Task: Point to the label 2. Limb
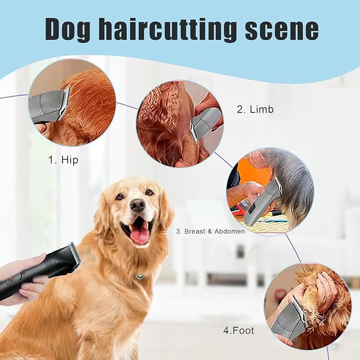coord(255,110)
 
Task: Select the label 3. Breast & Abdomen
coord(210,232)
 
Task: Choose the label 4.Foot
coord(238,330)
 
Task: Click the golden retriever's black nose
coord(138,205)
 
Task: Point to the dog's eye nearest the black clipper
coord(120,197)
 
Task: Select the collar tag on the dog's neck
coord(139,276)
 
